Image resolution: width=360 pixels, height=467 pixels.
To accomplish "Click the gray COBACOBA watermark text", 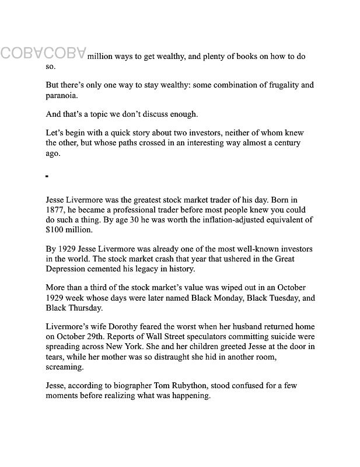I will [x=44, y=53].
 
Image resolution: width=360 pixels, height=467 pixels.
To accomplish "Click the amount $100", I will [x=56, y=229].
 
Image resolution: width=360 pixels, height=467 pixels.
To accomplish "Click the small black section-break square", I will [x=47, y=176].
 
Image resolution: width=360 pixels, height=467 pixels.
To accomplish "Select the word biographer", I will [x=124, y=386].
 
